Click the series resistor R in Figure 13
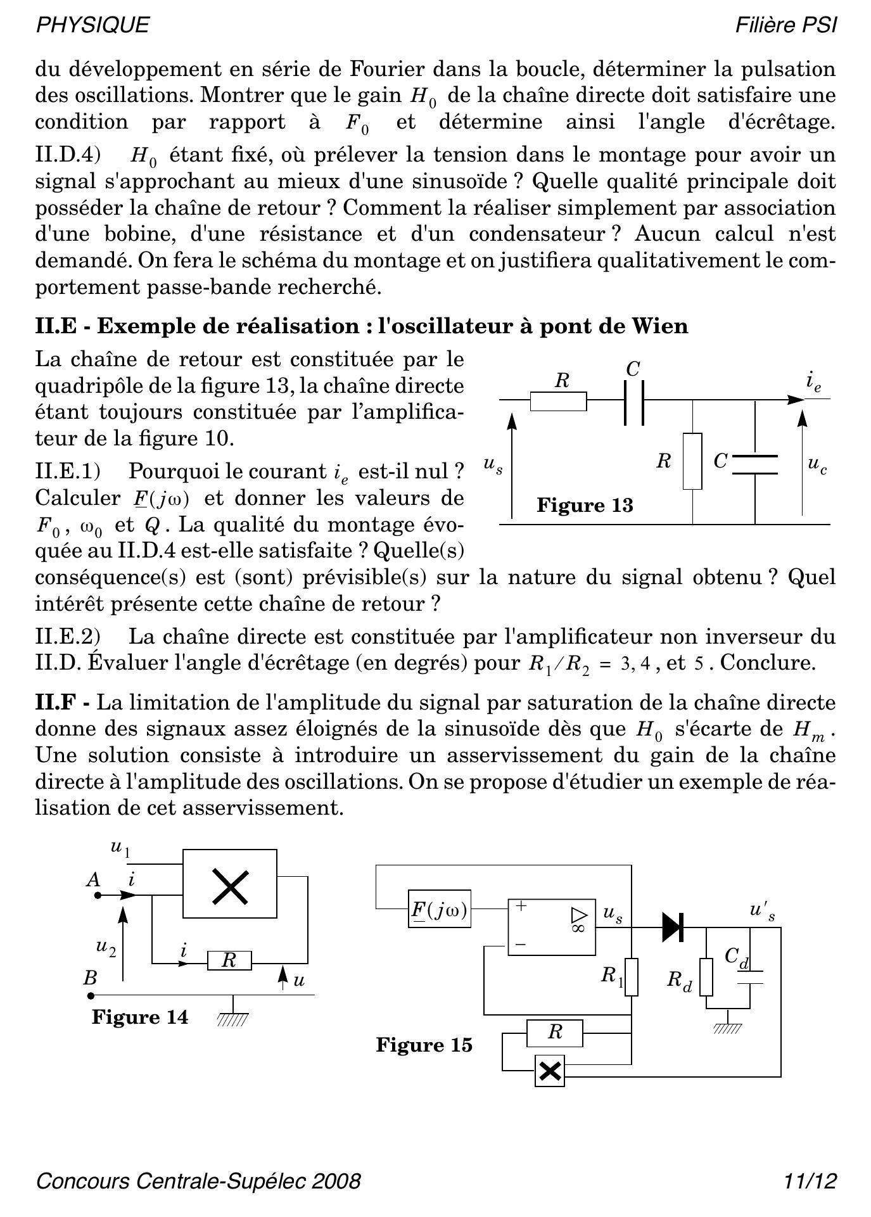tap(558, 401)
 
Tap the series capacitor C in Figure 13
tap(633, 402)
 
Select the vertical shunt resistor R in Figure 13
tap(692, 461)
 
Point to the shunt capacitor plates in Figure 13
tap(754, 464)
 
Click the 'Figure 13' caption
tap(585, 506)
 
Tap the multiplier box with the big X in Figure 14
tap(230, 886)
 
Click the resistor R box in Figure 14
tap(229, 960)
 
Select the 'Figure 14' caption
tap(140, 1017)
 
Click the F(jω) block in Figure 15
tap(440, 910)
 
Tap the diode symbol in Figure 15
tap(672, 927)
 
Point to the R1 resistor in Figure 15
tap(631, 977)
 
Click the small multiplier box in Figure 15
tap(550, 1071)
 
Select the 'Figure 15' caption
tap(424, 1045)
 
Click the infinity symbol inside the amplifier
tap(578, 927)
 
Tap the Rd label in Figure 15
tap(679, 981)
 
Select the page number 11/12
tap(810, 1181)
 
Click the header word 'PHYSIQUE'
tap(92, 25)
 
